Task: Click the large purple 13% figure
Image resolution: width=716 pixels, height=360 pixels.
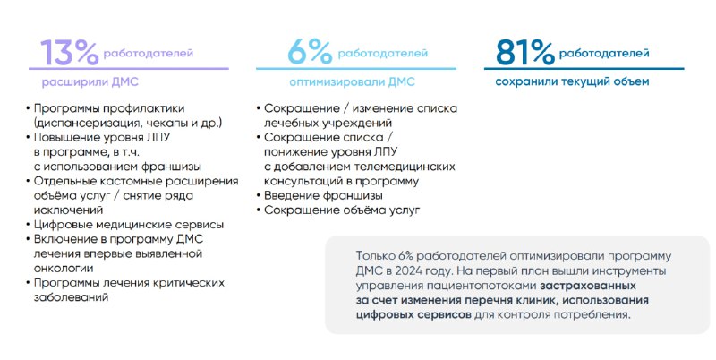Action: click(70, 53)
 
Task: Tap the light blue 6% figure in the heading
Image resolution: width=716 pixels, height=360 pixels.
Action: click(310, 52)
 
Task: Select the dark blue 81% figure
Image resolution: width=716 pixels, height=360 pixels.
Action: click(524, 52)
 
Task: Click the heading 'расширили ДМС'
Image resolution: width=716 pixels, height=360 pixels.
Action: click(90, 82)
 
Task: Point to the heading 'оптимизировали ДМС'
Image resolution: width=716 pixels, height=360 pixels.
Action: click(352, 82)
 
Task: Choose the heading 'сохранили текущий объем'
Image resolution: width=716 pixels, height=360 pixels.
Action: click(572, 81)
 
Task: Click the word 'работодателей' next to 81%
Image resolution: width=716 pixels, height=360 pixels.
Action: click(604, 54)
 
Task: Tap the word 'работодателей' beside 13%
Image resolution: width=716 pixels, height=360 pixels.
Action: click(149, 54)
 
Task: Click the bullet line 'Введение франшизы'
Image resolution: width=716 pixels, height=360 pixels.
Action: click(324, 195)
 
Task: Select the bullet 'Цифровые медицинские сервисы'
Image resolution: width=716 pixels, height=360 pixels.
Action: click(129, 225)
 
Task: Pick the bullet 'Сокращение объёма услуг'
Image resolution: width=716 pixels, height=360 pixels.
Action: click(342, 210)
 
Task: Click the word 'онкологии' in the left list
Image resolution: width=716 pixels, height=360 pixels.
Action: click(64, 268)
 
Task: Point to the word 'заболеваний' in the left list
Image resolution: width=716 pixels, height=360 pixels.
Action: click(71, 297)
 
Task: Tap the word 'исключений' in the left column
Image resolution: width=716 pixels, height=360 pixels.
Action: click(68, 210)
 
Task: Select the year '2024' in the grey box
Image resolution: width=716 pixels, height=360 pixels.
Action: click(409, 271)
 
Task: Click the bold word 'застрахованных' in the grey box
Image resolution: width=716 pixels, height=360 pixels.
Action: click(588, 286)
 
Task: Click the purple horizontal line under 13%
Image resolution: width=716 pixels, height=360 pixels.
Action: click(129, 69)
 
